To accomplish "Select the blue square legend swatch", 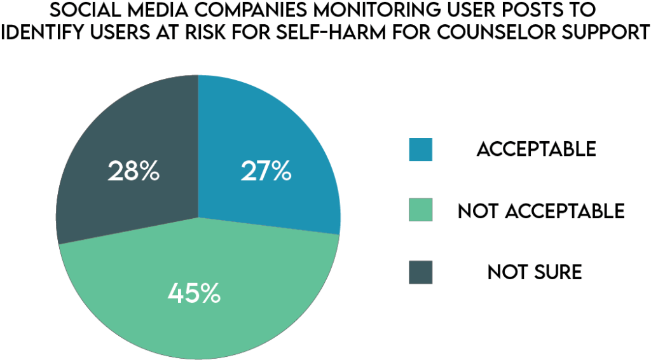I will (x=421, y=149).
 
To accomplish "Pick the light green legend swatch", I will (x=421, y=211).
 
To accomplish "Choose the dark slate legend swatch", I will (x=421, y=272).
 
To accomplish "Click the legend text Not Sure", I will (x=535, y=272).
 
